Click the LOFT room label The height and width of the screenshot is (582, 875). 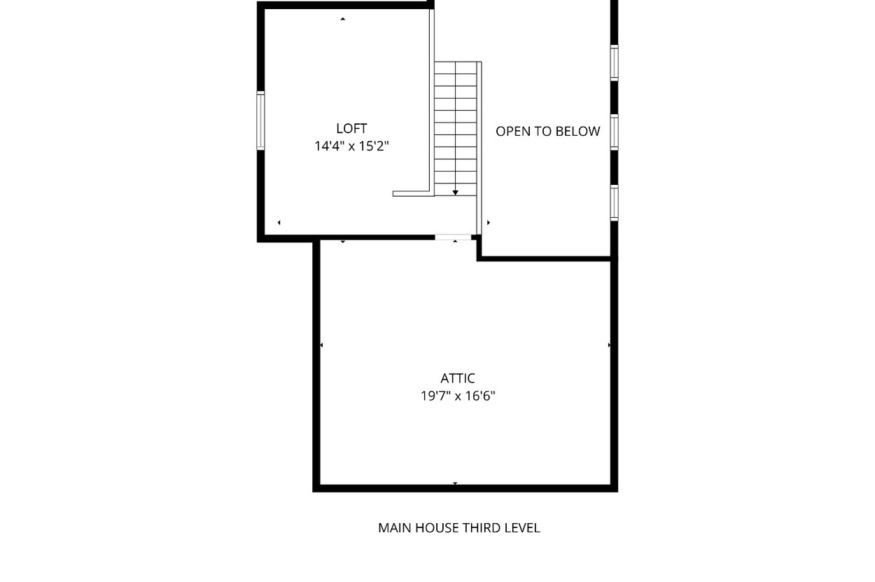pos(351,129)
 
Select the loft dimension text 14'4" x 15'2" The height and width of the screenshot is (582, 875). pos(351,146)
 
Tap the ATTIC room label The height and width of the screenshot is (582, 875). pos(458,378)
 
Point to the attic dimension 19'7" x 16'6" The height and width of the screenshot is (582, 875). pos(458,396)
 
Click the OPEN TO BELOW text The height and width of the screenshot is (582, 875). pos(547,132)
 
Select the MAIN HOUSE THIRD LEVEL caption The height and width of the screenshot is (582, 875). pos(459,528)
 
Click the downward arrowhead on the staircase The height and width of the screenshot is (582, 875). pos(455,193)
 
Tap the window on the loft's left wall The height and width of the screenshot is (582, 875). pos(260,120)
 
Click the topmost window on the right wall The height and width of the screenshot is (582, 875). pos(615,63)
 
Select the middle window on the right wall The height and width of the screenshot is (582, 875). pos(615,132)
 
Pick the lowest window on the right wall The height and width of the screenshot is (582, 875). pos(615,203)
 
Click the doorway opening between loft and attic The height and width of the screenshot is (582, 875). pos(453,237)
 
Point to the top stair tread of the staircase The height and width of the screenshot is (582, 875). pos(456,68)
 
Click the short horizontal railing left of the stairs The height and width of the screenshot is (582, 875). pos(413,194)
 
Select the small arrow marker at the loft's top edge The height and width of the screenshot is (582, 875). pos(342,19)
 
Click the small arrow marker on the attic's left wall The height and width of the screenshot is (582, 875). pos(321,345)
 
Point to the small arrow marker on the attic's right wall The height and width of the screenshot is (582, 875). pos(609,345)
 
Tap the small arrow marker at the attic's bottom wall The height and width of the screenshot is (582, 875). pos(455,483)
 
